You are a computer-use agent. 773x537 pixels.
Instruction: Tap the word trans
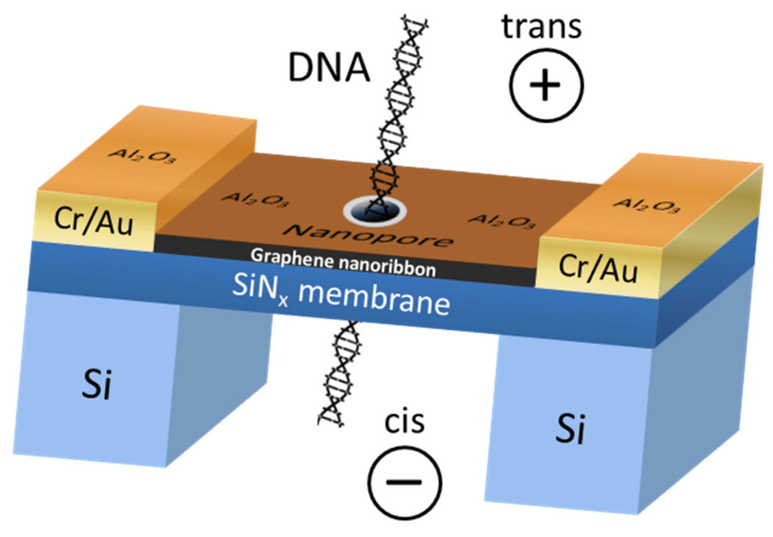click(541, 27)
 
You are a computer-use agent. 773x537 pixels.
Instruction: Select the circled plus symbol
click(546, 85)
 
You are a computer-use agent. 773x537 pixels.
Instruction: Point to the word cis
click(404, 422)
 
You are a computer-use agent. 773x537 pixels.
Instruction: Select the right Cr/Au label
click(598, 268)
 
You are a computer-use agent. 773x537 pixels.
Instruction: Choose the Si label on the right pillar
click(570, 429)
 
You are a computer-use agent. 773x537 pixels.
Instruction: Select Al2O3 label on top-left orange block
click(141, 155)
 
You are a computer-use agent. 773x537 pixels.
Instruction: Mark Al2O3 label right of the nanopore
click(502, 222)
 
